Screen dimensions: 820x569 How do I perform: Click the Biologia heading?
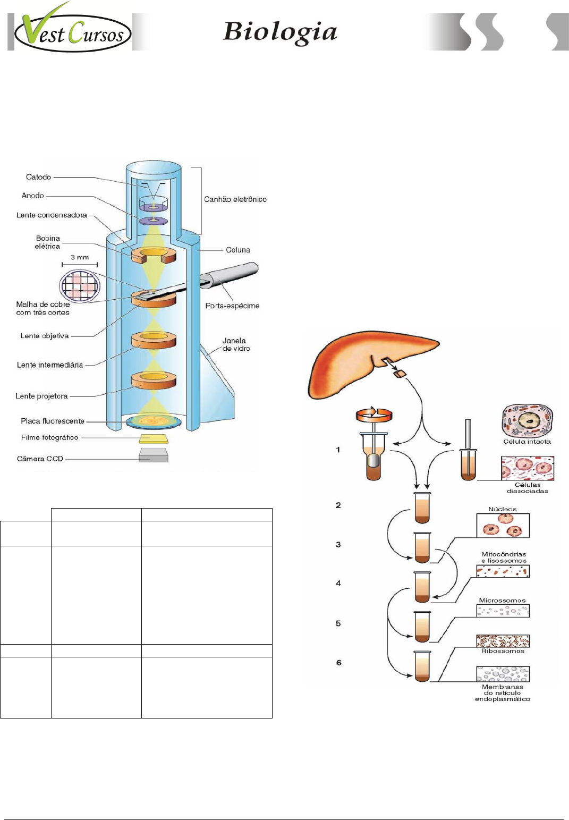coord(280,32)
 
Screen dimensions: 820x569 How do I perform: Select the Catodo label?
coord(38,177)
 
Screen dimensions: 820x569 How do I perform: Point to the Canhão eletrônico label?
coord(235,199)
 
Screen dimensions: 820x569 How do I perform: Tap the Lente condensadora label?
coord(52,215)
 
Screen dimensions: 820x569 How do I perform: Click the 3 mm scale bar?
coord(80,264)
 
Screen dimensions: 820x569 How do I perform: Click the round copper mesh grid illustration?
coord(80,285)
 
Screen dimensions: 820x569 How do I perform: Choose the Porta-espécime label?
coord(232,306)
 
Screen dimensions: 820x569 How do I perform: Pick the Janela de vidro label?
coord(235,344)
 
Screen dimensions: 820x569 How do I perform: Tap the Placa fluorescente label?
coord(53,421)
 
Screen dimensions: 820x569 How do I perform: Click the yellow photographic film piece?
coord(154,438)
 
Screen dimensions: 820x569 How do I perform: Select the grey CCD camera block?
coord(154,455)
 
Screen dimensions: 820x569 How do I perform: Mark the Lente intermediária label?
coord(50,365)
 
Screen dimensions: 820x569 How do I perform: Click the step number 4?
coord(338,584)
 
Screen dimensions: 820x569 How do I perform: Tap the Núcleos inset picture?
coord(503,526)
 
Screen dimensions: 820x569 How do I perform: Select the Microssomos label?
coord(502,601)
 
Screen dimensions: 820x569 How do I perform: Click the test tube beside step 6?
coord(422,666)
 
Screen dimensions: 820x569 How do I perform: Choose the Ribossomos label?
coord(503,651)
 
